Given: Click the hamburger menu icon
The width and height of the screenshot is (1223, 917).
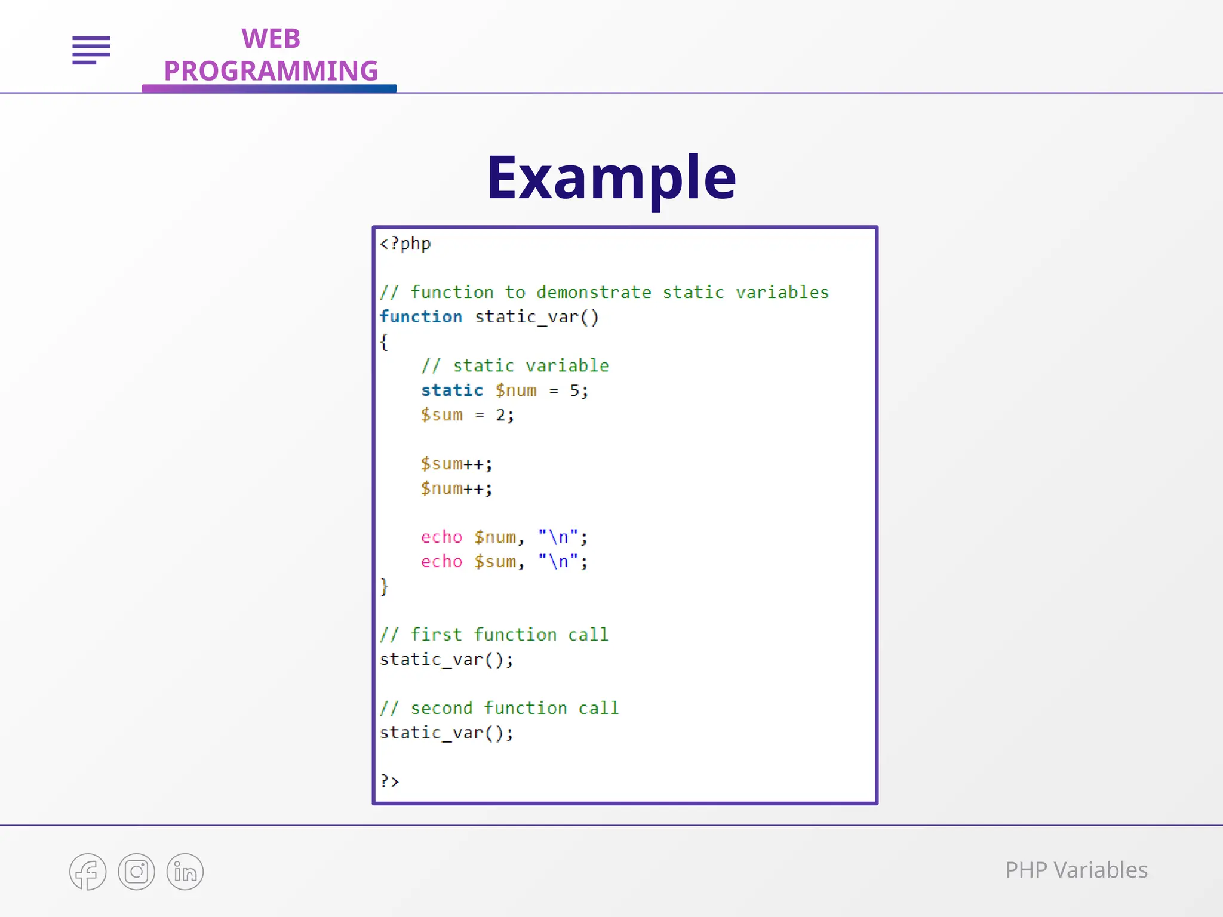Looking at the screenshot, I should point(91,50).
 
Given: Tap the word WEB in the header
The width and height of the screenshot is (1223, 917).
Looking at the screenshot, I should point(271,39).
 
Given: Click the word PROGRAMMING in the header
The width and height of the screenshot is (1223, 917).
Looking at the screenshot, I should point(271,71).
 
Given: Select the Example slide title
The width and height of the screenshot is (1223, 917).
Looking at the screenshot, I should point(611,177).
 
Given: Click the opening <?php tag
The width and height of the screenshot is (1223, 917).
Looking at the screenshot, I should point(405,244).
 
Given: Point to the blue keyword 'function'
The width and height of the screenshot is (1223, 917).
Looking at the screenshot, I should point(421,316).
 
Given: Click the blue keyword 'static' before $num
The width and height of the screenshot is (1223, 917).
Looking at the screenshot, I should point(452,390).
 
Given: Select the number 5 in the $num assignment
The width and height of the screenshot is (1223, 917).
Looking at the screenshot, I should point(574,390).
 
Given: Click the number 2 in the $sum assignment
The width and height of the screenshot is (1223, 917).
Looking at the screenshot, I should point(500,415).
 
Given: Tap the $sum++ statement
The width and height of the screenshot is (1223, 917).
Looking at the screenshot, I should point(456,464).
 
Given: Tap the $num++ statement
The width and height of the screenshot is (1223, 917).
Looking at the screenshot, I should point(456,488).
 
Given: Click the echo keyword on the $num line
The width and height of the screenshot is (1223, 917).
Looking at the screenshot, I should point(441,537).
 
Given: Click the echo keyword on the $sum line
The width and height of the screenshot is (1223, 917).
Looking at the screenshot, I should point(441,561).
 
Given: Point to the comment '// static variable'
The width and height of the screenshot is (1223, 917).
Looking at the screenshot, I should point(515,365).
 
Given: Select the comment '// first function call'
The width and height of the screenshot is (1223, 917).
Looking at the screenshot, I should point(494,635).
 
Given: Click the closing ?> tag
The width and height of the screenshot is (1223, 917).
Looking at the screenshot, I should point(389,781).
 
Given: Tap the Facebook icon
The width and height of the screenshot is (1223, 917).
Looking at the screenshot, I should point(88,872).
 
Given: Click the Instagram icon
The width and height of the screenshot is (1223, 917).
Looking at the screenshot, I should point(136,872).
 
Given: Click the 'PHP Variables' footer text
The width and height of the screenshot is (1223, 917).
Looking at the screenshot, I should point(1076,870).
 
